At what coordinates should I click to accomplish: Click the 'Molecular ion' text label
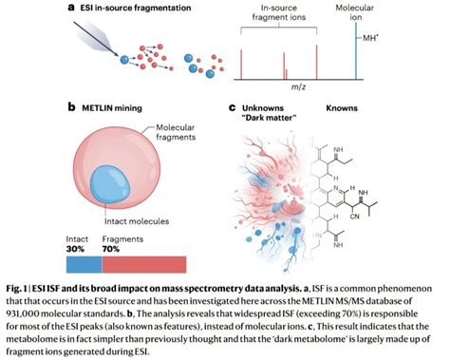(x=357, y=13)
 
